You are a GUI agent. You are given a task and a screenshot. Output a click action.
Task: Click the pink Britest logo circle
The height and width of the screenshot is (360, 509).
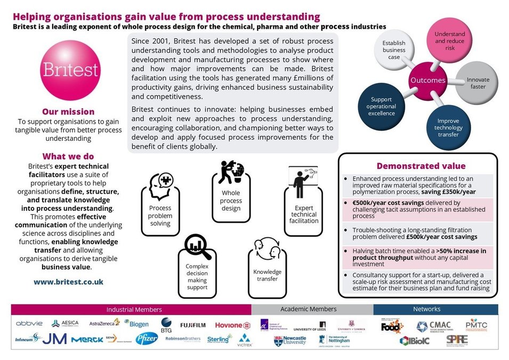coord(68,68)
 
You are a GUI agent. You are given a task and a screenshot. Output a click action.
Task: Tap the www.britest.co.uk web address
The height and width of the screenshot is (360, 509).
coord(68,281)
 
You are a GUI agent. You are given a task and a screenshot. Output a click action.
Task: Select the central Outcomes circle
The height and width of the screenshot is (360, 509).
coord(427,80)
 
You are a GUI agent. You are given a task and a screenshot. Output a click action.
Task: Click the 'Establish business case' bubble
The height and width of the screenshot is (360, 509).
coord(394,50)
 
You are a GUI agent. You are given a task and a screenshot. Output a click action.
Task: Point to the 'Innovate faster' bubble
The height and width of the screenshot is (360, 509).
coord(478,83)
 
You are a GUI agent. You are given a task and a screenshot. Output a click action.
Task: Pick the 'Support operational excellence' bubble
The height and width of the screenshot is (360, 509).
coord(382,106)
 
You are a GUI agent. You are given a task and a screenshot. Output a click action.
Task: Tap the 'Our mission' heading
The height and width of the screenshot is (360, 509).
coord(68,111)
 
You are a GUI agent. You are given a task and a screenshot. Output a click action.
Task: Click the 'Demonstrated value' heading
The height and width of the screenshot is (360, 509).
coord(421,166)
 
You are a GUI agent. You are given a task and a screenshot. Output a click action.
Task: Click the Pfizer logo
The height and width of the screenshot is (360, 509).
coord(146,338)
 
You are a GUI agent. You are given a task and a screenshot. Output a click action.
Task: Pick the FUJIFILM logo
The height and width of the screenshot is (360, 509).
coord(192,325)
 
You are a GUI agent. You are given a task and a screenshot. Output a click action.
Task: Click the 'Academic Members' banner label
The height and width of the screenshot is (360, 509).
coord(309,309)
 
